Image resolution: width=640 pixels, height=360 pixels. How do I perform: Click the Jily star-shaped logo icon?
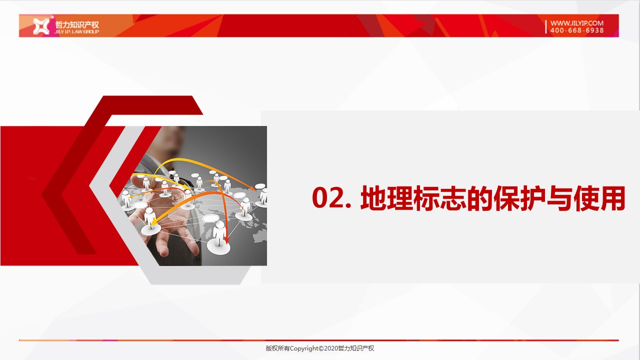41,26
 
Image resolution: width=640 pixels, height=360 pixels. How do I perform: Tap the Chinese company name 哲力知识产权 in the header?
77,24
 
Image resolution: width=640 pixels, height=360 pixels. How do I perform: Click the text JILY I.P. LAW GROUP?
76,31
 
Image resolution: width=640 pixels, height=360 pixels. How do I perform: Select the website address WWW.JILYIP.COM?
577,23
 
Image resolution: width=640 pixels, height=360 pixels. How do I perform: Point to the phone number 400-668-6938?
577,30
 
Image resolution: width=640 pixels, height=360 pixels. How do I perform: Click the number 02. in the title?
331,197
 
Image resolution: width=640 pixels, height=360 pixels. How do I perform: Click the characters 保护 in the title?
519,198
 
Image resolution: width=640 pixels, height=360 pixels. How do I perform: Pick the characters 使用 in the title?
599,198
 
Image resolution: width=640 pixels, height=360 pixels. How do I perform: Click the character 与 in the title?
559,198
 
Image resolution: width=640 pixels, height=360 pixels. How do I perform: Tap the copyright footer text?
319,348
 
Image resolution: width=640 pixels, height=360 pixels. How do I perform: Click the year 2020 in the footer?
331,348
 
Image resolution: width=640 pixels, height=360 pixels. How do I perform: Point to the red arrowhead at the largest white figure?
227,239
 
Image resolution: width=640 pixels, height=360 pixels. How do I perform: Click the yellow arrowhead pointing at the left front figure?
153,221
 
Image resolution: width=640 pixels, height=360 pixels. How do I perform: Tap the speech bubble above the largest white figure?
211,218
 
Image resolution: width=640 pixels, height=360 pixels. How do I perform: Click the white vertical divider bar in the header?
545,26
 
